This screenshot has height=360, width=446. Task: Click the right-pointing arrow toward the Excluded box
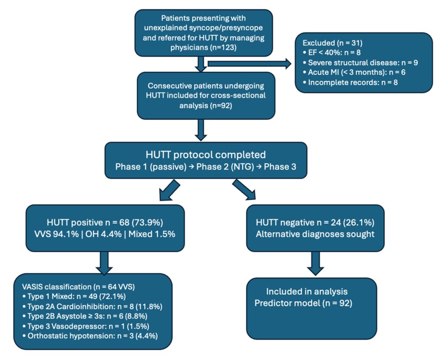point(250,64)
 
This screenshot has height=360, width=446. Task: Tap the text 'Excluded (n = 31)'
point(332,43)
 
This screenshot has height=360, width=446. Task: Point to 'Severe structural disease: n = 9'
point(360,63)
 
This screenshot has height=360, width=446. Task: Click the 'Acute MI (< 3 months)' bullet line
point(354,72)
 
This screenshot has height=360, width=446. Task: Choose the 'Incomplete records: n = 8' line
point(350,82)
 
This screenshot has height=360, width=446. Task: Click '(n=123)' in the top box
point(223,47)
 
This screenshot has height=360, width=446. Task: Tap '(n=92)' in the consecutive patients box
point(221,105)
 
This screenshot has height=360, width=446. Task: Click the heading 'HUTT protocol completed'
point(206,155)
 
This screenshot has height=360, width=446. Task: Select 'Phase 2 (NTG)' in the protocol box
point(225,167)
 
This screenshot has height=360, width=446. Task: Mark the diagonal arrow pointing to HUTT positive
point(169,190)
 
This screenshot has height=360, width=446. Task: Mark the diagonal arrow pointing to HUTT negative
point(244,189)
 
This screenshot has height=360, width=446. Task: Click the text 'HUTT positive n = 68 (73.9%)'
point(105,222)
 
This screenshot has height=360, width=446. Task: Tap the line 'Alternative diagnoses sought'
point(315,234)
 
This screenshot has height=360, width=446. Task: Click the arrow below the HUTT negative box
point(315,264)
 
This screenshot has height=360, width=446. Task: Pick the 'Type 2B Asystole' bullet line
point(85,316)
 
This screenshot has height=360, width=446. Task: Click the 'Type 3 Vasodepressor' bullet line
point(86,326)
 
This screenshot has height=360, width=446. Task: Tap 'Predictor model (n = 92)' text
point(303,303)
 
